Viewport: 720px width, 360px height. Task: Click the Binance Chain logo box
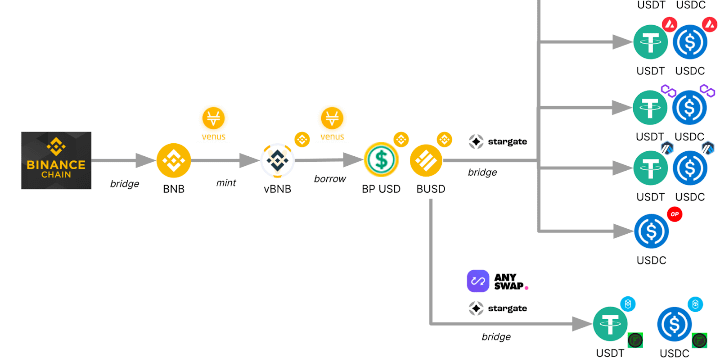tap(56, 160)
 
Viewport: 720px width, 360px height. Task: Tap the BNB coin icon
tap(174, 160)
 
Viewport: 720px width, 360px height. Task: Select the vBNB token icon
tap(278, 160)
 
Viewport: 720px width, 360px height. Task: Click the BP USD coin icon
tap(381, 160)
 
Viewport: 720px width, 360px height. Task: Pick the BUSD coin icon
tap(426, 160)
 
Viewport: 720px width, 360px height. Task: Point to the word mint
tap(226, 183)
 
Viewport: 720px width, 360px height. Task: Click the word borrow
tap(330, 179)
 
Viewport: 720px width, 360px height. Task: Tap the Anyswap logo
tap(497, 281)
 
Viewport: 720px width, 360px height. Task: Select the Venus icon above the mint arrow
tap(214, 118)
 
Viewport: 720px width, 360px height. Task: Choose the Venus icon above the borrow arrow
tap(332, 118)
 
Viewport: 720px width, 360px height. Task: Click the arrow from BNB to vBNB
tap(225, 160)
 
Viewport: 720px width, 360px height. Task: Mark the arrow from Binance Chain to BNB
tap(124, 160)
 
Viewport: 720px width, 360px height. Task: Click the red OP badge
tap(675, 214)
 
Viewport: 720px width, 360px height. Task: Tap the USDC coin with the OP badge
tap(652, 231)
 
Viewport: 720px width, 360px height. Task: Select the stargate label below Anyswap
tap(498, 308)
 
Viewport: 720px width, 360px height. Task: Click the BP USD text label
tap(381, 189)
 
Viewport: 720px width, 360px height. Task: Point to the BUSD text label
tap(431, 189)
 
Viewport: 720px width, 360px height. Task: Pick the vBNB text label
tap(277, 189)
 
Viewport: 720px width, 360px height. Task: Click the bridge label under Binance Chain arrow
tap(124, 184)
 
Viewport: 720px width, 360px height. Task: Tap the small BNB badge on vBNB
tap(302, 139)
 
